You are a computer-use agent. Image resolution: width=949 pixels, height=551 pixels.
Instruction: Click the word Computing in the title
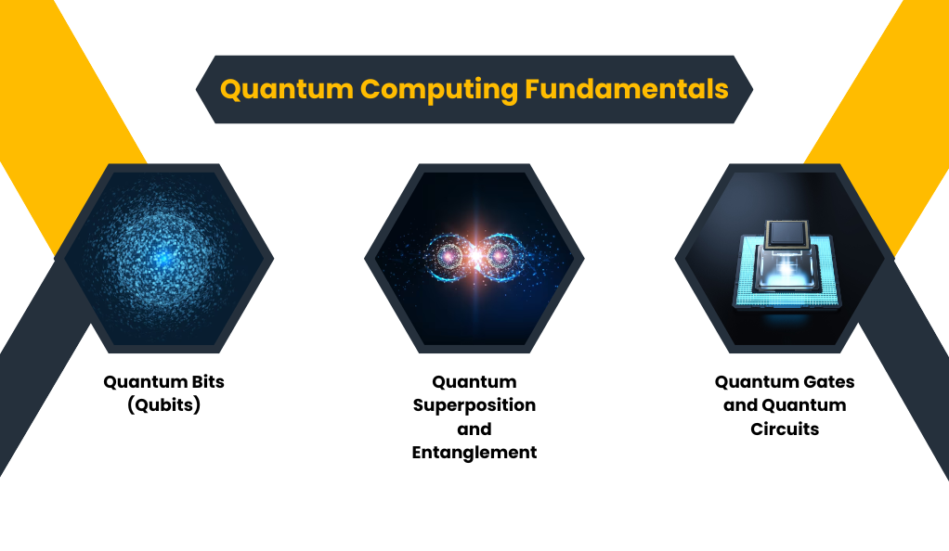pos(439,90)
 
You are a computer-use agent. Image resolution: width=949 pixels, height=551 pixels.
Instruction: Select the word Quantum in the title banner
pos(286,89)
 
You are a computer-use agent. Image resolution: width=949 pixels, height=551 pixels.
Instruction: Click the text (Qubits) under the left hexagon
pos(164,404)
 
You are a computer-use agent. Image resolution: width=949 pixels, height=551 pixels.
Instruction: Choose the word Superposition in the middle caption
pos(474,405)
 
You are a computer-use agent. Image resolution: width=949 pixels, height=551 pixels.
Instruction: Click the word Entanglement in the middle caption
pos(474,453)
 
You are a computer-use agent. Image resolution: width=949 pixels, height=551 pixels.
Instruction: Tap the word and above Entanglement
pos(474,429)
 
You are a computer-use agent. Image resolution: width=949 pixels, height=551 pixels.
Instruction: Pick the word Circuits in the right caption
pos(785,429)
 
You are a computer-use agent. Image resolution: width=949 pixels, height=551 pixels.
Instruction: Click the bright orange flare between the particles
pos(475,255)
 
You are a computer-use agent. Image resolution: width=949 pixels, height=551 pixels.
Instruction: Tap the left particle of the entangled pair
pos(449,256)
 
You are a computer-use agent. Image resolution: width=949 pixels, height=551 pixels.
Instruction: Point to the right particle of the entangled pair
pos(500,256)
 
